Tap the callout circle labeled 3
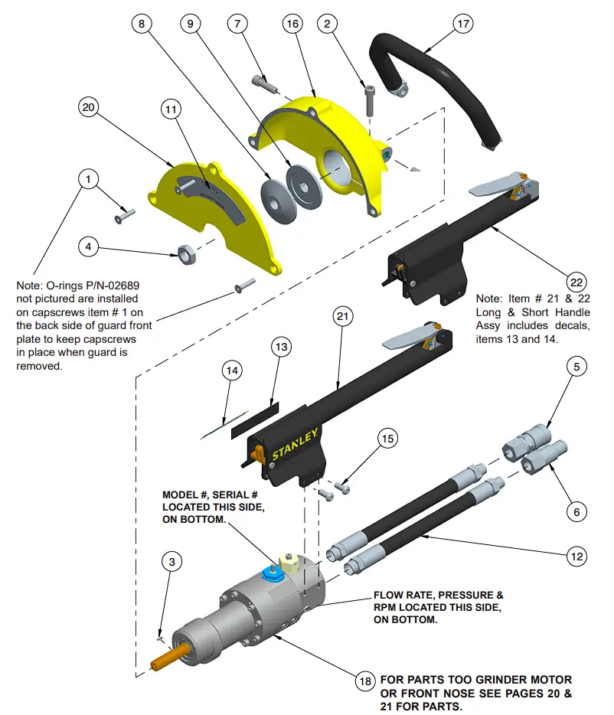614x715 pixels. coord(171,561)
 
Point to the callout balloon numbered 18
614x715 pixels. coord(365,681)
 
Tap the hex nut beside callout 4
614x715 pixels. coord(184,251)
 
